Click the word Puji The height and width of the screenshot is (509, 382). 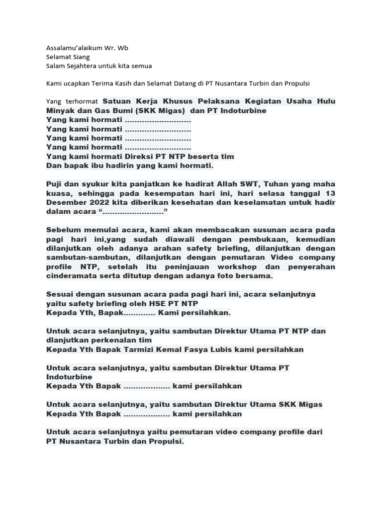point(55,184)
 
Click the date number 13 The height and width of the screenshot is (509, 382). point(330,193)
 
